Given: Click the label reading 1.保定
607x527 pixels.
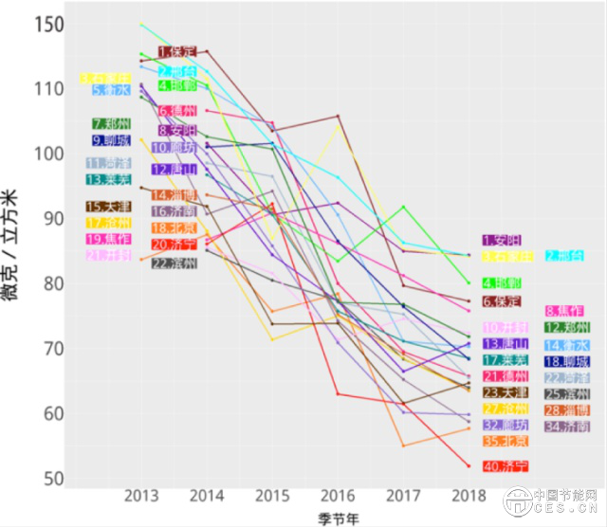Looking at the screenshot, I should [177, 51].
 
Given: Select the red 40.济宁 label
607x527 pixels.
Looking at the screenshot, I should [506, 466].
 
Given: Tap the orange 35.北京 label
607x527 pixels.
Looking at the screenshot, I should [506, 442].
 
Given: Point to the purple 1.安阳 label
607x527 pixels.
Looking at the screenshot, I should [502, 241].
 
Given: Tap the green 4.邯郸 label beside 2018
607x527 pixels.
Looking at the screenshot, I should [502, 282].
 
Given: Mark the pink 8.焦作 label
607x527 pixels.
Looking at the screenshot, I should [564, 311].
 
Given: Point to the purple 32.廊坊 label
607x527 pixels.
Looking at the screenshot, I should [506, 427].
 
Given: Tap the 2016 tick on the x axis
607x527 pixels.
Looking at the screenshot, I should [338, 496].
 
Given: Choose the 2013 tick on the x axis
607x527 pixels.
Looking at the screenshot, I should [141, 496].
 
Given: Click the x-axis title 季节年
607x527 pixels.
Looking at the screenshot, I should [337, 518].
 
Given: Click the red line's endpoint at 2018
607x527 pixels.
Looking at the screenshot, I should [468, 465].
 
